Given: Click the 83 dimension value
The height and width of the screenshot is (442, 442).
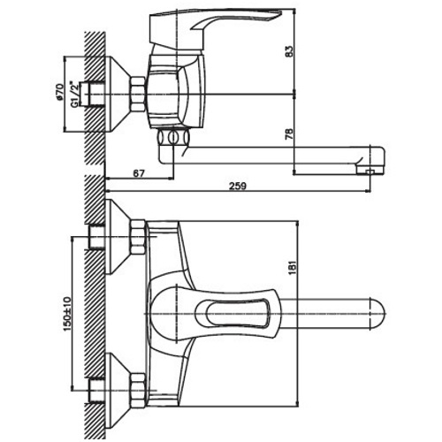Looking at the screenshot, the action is pyautogui.click(x=290, y=51).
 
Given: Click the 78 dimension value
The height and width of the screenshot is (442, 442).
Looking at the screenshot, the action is pyautogui.click(x=290, y=134).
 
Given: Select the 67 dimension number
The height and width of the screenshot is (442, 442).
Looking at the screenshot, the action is pyautogui.click(x=139, y=173).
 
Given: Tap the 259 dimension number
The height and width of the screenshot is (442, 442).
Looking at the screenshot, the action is pyautogui.click(x=238, y=187).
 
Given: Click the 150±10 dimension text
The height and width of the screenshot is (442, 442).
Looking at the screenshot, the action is pyautogui.click(x=67, y=314).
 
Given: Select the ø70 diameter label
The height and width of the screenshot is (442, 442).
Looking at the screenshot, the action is pyautogui.click(x=59, y=92).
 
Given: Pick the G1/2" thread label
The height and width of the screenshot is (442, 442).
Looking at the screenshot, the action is pyautogui.click(x=74, y=94).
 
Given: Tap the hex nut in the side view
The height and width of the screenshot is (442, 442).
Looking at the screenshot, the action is pyautogui.click(x=138, y=95).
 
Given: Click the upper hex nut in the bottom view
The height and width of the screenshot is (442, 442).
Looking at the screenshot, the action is pyautogui.click(x=138, y=237).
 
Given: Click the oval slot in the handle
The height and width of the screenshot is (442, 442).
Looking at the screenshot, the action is pyautogui.click(x=238, y=313).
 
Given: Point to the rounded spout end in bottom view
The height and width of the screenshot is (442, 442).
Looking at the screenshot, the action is pyautogui.click(x=377, y=313).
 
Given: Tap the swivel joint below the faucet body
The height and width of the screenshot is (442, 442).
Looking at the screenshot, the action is pyautogui.click(x=173, y=137).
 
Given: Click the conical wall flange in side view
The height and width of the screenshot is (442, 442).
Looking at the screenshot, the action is pyautogui.click(x=118, y=94).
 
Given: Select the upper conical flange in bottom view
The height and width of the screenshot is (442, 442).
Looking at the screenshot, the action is pyautogui.click(x=118, y=237).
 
